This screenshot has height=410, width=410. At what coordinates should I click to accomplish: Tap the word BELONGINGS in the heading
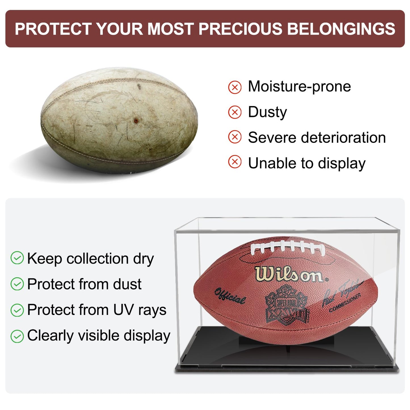point(341,29)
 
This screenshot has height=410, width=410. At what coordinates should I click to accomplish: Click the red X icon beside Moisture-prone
point(235,87)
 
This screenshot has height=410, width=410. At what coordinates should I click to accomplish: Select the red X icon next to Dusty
point(235,112)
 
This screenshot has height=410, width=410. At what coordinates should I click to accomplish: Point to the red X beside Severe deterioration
point(235,137)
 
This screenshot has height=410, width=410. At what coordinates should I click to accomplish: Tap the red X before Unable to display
point(235,162)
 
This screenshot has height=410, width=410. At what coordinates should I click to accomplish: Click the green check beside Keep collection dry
point(17,258)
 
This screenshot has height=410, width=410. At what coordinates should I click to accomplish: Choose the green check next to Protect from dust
point(17,284)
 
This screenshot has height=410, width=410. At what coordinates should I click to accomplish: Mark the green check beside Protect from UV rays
point(17,310)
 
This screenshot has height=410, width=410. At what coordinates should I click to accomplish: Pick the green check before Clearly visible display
point(17,336)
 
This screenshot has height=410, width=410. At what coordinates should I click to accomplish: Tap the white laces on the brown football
point(287,247)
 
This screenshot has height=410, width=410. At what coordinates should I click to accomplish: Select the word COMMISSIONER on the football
point(345,303)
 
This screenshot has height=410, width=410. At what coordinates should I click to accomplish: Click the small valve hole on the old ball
point(136,121)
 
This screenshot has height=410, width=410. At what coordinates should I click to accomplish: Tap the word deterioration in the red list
point(343,138)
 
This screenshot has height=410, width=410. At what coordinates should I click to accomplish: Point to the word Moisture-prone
point(299,86)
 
